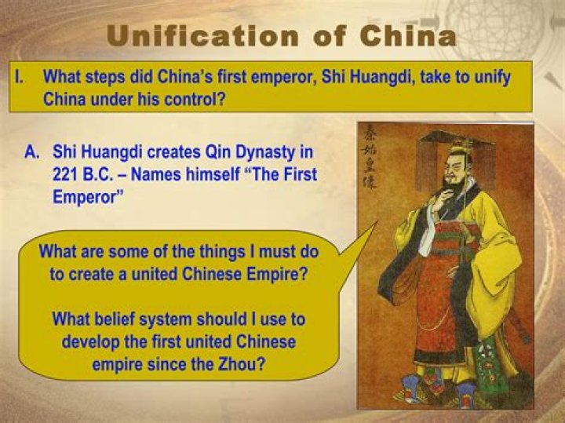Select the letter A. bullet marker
pyautogui.click(x=33, y=151)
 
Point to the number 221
pyautogui.click(x=67, y=174)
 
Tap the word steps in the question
pyautogui.click(x=109, y=78)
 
